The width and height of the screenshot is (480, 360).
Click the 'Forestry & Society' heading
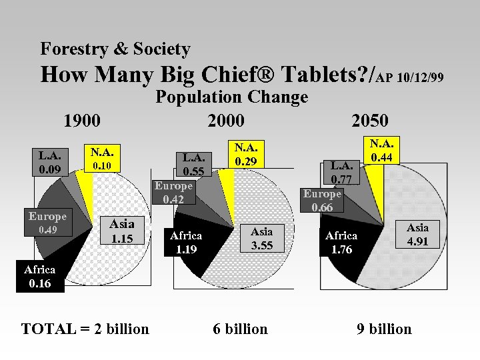click(x=115, y=49)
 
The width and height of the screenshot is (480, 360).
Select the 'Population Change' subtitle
click(x=231, y=97)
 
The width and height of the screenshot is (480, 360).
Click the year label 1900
click(x=81, y=121)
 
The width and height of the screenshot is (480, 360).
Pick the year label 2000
click(x=225, y=121)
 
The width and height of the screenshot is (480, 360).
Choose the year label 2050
click(x=369, y=121)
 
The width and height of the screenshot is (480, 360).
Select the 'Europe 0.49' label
click(x=47, y=223)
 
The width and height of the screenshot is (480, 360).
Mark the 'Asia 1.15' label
click(x=121, y=231)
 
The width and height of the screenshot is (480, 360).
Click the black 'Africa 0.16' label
click(x=39, y=277)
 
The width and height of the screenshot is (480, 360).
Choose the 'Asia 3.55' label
click(x=261, y=238)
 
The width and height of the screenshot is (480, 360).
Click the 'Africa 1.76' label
click(x=341, y=243)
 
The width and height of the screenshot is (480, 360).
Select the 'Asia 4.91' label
click(x=417, y=234)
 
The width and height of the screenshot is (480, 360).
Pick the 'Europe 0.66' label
click(x=322, y=200)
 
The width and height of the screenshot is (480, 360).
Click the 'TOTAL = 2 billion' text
click(x=85, y=329)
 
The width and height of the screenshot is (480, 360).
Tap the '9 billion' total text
click(x=384, y=329)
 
